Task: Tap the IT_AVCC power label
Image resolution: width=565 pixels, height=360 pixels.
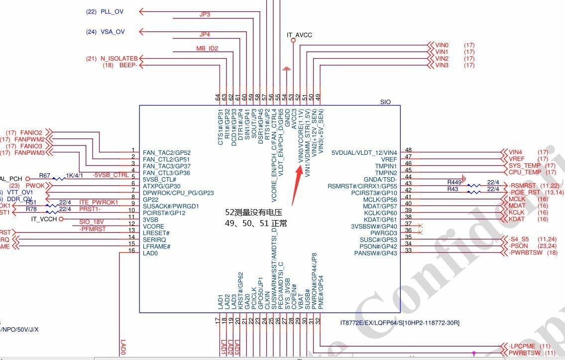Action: click(x=299, y=35)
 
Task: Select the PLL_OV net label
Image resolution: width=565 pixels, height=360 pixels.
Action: click(x=113, y=11)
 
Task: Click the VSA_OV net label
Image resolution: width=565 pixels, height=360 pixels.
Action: click(x=113, y=32)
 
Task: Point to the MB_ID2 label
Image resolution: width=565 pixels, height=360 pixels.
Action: click(x=207, y=48)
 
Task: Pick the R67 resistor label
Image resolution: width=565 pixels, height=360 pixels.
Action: click(x=45, y=176)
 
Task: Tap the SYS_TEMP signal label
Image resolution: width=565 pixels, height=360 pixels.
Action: click(x=524, y=165)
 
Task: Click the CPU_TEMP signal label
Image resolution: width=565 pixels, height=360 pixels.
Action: click(x=524, y=172)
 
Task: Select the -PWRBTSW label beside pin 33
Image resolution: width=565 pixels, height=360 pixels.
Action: click(x=526, y=253)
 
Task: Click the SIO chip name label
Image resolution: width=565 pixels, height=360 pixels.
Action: click(x=385, y=102)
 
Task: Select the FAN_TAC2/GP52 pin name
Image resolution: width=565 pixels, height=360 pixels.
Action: click(x=167, y=152)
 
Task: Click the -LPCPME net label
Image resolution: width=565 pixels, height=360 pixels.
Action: click(x=523, y=346)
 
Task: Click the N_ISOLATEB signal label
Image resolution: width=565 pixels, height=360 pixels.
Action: click(x=118, y=58)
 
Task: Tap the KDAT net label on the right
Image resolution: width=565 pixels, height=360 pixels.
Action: click(x=516, y=219)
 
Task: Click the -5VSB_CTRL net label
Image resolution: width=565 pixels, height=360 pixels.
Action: click(x=111, y=175)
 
